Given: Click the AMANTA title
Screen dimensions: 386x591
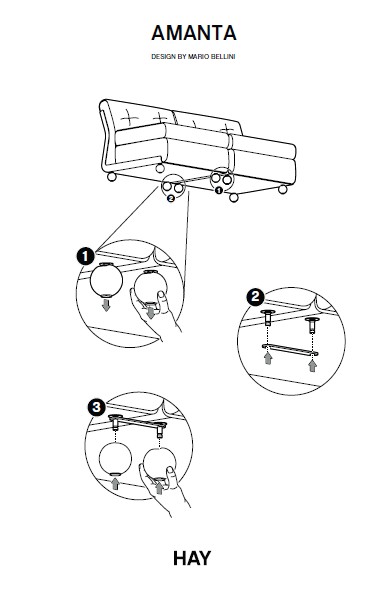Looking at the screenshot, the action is tap(194, 33).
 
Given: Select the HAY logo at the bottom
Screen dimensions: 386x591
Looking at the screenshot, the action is tap(192, 558).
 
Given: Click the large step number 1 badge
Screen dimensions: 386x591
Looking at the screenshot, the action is tap(86, 257).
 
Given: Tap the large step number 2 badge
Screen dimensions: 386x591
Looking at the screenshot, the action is tap(255, 297).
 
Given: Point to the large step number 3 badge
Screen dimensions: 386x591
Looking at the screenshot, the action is tap(96, 407).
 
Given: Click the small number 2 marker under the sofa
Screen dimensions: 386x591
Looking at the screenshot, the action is tap(171, 198).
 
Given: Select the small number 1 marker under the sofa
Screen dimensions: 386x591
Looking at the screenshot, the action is tap(219, 191).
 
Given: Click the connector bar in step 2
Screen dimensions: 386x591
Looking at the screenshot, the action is tap(290, 350).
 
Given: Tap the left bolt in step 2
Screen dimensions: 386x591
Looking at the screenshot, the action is tap(268, 317).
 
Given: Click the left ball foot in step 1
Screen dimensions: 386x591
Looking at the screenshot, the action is tap(106, 280).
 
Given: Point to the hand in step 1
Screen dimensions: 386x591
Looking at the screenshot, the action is tap(156, 313).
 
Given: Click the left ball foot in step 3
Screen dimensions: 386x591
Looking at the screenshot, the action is tap(115, 459).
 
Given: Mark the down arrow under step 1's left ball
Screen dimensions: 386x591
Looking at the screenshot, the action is tap(106, 305).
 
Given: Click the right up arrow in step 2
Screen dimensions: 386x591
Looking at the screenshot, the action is tap(312, 366).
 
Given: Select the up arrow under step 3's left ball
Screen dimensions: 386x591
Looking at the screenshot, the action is tap(115, 484).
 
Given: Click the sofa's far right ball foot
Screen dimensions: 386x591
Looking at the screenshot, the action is tap(282, 190).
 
